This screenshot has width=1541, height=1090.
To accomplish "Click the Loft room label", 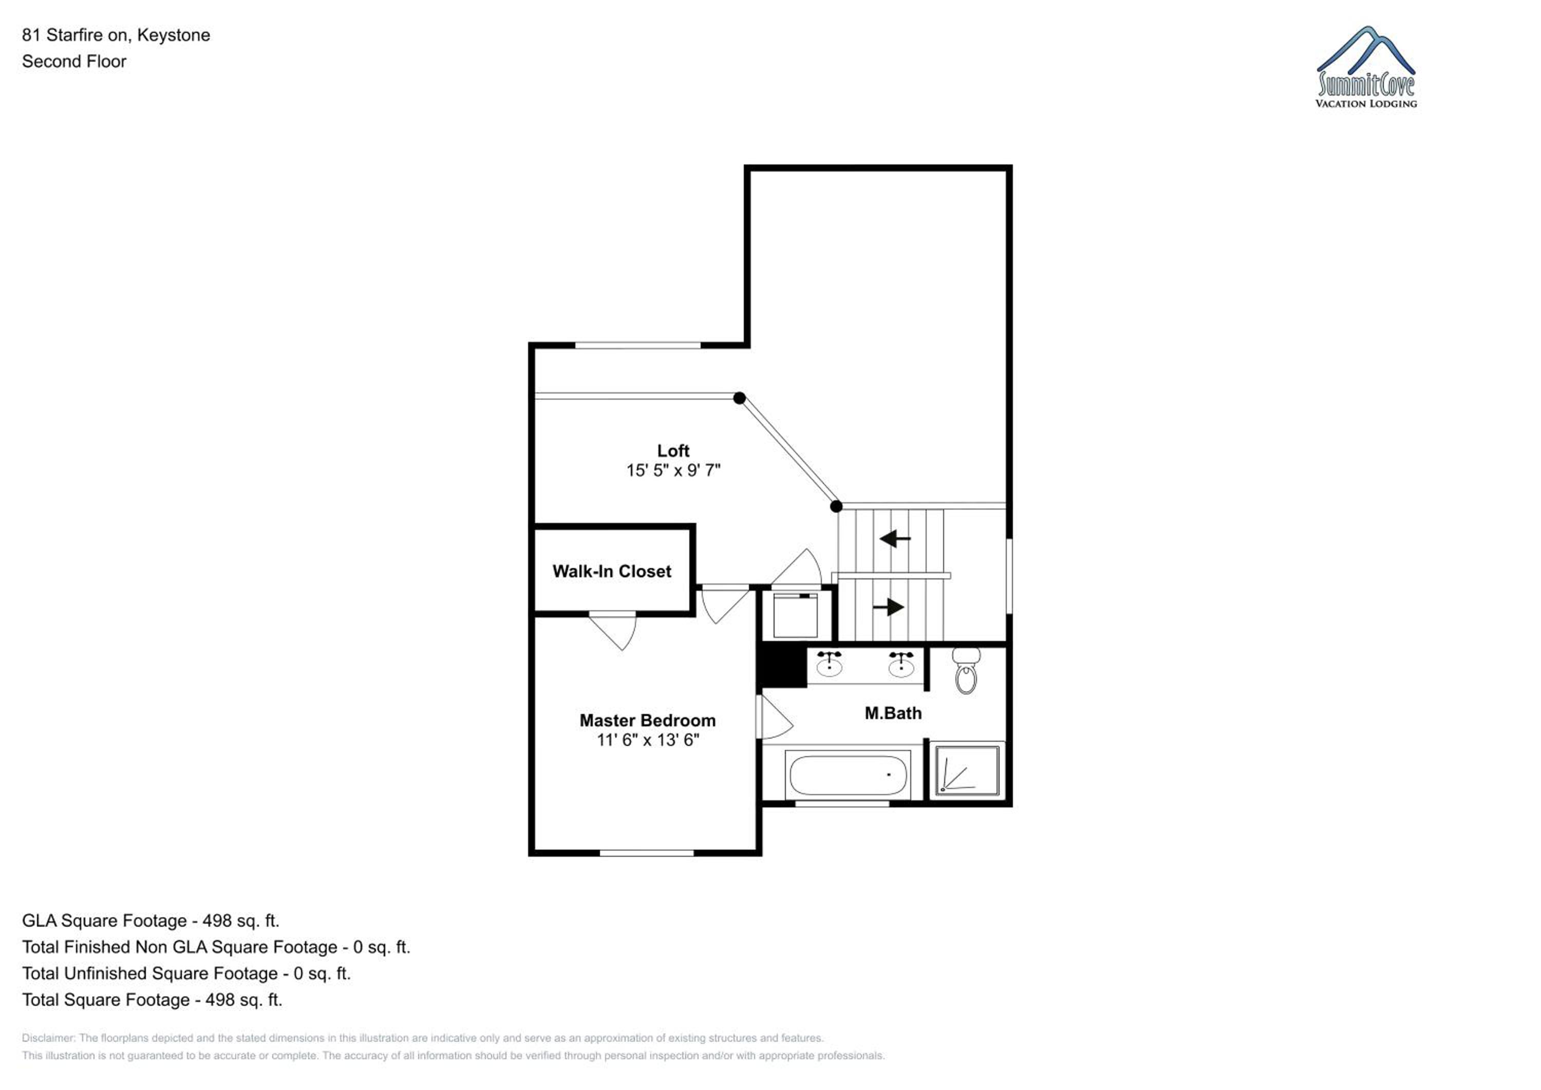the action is click(x=673, y=451).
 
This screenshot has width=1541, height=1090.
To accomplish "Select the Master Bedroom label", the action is click(x=648, y=720).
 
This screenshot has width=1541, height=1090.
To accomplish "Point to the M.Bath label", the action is click(x=893, y=713).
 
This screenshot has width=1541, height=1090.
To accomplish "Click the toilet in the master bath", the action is click(x=966, y=670).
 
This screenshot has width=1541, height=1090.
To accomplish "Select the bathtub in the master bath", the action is click(x=849, y=775).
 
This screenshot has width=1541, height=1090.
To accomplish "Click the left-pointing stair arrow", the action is click(x=895, y=538).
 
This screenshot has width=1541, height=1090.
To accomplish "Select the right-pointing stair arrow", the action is click(x=889, y=607).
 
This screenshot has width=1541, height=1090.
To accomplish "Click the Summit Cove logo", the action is click(x=1366, y=67).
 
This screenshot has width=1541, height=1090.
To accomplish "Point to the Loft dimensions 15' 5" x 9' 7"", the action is click(x=673, y=471).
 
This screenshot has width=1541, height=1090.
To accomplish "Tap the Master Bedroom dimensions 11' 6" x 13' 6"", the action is click(x=648, y=740).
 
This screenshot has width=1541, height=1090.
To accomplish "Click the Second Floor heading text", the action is click(x=74, y=61).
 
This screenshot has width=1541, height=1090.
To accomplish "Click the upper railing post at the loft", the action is click(x=739, y=398).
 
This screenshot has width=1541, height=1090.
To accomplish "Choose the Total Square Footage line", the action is click(x=152, y=1000).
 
